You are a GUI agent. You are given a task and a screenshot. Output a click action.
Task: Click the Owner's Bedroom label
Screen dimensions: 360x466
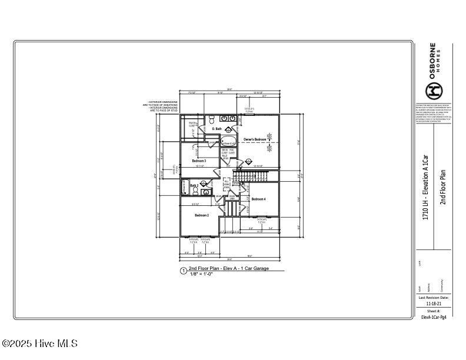pyautogui.click(x=255, y=139)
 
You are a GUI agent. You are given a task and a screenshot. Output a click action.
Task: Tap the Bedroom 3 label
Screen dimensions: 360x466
pyautogui.click(x=198, y=161)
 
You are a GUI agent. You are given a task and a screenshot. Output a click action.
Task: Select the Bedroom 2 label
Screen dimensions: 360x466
pyautogui.click(x=202, y=215)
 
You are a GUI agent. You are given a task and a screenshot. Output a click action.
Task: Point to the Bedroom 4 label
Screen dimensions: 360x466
pyautogui.click(x=258, y=199)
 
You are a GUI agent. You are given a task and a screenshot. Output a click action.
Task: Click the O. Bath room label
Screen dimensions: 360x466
pyautogui.click(x=217, y=129)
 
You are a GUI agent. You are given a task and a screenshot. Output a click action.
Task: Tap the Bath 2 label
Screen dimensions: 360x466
pyautogui.click(x=185, y=186)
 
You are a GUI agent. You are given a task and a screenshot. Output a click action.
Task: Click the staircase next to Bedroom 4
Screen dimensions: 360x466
pyautogui.click(x=251, y=176)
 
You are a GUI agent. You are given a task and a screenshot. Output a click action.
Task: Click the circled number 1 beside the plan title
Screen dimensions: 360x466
pyautogui.click(x=184, y=271)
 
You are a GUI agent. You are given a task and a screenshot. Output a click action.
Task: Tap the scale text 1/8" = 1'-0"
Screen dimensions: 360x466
pyautogui.click(x=201, y=274)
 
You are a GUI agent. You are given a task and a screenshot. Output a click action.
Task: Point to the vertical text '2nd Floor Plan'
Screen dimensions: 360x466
pyautogui.click(x=443, y=186)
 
